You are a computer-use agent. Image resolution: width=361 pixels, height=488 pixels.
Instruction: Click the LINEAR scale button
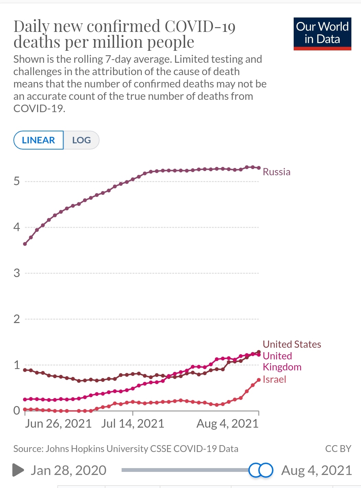(x=38, y=140)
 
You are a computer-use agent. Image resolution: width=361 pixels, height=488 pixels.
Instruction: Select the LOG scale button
(x=81, y=140)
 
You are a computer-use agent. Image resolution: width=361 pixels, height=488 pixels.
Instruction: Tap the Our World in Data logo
(x=322, y=34)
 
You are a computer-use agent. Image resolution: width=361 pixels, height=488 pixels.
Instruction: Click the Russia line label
(x=277, y=172)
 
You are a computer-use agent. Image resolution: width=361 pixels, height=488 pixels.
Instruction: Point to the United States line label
(x=292, y=344)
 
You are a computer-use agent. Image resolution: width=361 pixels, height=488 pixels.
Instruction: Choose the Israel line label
(x=274, y=379)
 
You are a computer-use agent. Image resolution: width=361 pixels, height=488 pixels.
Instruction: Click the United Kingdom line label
(x=282, y=361)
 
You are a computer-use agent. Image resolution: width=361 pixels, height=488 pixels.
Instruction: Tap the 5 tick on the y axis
(x=16, y=181)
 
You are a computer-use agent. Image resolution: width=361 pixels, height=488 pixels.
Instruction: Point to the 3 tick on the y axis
(x=16, y=273)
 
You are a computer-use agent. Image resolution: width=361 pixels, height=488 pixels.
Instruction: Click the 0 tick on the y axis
(x=16, y=410)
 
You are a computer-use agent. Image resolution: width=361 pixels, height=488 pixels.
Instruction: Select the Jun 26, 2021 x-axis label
(x=58, y=424)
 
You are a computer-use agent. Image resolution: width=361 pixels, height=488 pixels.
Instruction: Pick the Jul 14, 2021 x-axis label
(x=133, y=424)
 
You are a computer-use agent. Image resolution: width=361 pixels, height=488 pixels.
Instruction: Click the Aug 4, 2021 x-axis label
(x=227, y=424)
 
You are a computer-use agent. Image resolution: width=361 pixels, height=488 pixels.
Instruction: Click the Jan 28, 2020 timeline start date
(x=68, y=470)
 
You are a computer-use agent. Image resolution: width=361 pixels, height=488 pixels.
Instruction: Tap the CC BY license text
(x=338, y=449)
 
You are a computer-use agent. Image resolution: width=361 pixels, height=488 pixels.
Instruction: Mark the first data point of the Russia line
(x=25, y=244)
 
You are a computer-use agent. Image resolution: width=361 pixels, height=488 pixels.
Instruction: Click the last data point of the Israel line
(x=259, y=380)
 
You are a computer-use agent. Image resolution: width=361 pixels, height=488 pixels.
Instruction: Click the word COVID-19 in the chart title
(x=200, y=26)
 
